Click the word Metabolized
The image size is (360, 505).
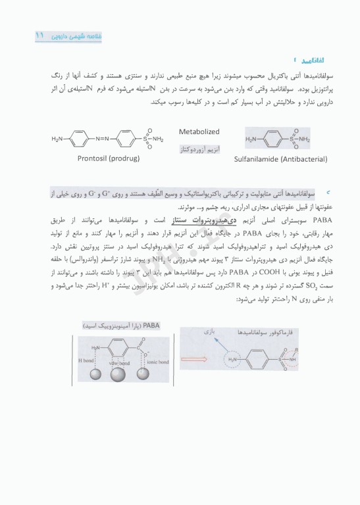(199, 132)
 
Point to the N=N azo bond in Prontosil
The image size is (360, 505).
(107, 139)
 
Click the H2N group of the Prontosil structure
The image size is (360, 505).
(58, 139)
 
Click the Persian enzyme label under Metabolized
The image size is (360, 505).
(199, 150)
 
